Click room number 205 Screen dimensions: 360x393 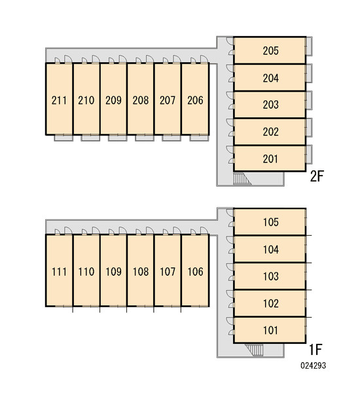click(x=270, y=51)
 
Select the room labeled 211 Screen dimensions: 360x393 click(x=59, y=100)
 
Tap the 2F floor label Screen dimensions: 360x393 click(x=317, y=176)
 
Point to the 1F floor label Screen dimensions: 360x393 click(x=315, y=349)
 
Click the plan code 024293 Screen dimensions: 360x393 click(x=314, y=365)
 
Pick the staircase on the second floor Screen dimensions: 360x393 click(x=242, y=179)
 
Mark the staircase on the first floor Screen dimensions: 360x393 click(x=254, y=350)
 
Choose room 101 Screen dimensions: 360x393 click(x=270, y=330)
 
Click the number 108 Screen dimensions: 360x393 click(x=141, y=272)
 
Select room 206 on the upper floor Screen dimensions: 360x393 click(x=195, y=100)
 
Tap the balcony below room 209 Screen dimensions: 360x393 click(x=118, y=138)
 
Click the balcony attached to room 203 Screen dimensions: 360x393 click(x=309, y=100)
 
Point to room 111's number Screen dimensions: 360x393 click(x=59, y=272)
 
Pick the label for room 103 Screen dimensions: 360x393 click(x=270, y=276)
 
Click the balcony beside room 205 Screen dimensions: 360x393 click(x=309, y=46)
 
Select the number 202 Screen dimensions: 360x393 click(x=270, y=132)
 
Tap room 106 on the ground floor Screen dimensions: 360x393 click(x=195, y=271)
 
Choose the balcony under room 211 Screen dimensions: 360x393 click(x=63, y=138)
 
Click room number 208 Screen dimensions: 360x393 click(x=141, y=100)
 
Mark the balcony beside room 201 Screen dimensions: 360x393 click(x=309, y=155)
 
